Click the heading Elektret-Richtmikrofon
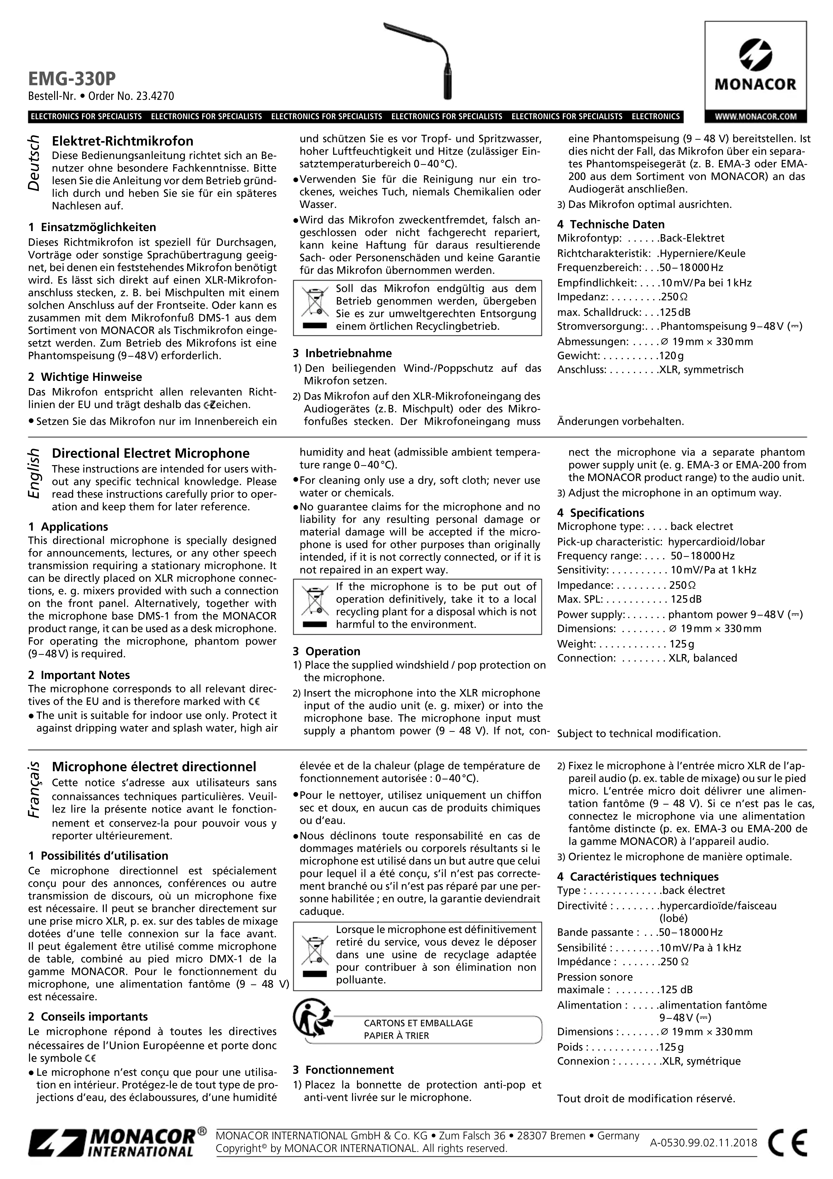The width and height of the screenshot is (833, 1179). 123,141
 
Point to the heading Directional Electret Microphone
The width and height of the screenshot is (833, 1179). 150,453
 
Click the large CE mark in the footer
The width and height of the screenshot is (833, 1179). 787,1143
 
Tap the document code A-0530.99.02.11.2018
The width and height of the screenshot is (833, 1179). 703,1143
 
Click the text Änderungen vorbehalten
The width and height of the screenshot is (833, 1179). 620,422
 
